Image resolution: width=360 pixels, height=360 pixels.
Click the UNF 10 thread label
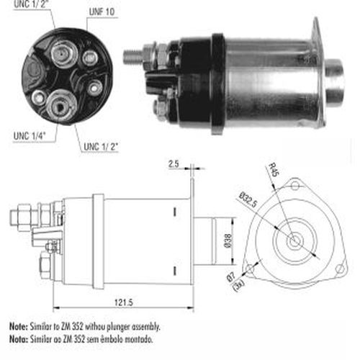[102, 12]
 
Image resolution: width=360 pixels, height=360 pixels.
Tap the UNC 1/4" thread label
[30, 136]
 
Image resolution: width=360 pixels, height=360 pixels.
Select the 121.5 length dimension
[124, 302]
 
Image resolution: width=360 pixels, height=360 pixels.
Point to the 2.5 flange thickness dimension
[174, 164]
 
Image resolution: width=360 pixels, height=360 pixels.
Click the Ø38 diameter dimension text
[228, 240]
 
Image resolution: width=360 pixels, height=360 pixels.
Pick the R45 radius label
[273, 170]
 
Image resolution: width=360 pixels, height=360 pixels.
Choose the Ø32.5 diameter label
[248, 200]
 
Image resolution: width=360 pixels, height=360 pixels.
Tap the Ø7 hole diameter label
[231, 276]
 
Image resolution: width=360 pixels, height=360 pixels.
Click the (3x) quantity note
[239, 285]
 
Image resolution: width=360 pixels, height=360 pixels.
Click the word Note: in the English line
[19, 326]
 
